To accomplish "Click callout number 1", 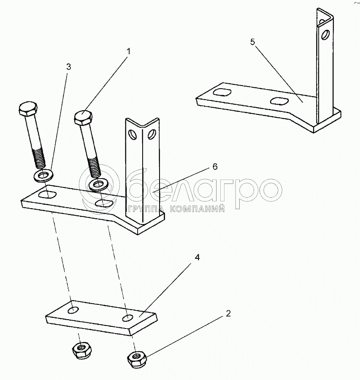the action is pos(129,52).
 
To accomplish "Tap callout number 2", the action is pos(228,314).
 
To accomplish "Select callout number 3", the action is pos(68,67).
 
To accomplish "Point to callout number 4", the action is pos(198,258).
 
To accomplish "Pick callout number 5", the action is pos(253,42).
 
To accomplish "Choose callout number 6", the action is pos(215,167).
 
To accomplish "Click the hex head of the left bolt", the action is pos(28,110).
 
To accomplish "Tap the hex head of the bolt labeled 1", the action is pos(83,117).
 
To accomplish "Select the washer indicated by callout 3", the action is pos(44,175).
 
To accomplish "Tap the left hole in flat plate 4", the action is pos(73,310).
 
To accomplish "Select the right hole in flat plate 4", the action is pos(128,318).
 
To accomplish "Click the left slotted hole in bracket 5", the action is pos(222,92).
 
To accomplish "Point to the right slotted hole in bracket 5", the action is pos(279,101).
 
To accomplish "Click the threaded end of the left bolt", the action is pos(40,158).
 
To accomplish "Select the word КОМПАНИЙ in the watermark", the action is pos(197,209).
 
